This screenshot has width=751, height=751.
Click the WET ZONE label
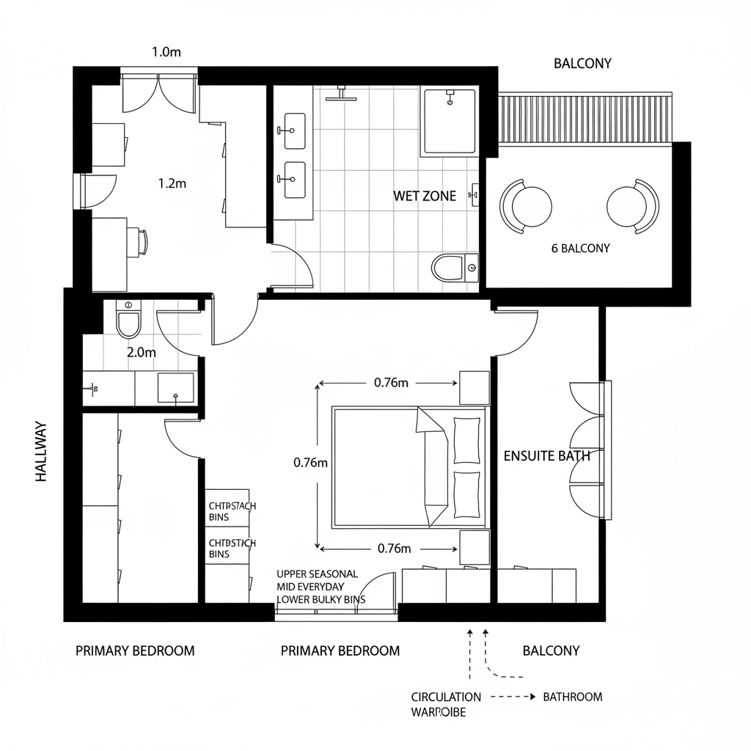click(x=425, y=196)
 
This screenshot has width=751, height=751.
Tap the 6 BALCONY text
click(x=580, y=248)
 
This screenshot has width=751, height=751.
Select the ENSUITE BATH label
click(x=546, y=455)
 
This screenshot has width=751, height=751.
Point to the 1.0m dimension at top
click(x=166, y=52)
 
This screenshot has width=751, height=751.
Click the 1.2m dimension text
click(x=172, y=183)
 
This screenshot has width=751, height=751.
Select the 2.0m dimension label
click(x=142, y=351)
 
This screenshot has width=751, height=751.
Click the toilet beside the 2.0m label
click(x=128, y=320)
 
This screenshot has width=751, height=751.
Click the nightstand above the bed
click(x=474, y=387)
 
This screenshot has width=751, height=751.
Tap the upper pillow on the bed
click(x=466, y=440)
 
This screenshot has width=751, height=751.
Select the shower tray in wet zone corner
click(x=449, y=121)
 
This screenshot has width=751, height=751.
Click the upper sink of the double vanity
click(x=294, y=127)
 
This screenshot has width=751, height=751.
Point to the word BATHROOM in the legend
click(x=572, y=697)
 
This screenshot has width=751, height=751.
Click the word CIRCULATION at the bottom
click(x=446, y=697)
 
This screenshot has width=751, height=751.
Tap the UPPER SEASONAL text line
click(x=317, y=574)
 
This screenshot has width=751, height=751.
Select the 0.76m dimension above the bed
click(x=391, y=382)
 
